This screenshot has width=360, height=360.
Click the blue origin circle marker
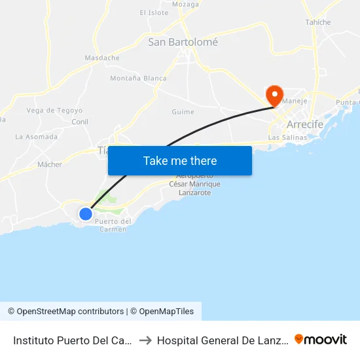(86, 213)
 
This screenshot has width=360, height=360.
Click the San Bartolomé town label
(183, 42)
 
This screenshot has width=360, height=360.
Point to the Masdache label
(102, 58)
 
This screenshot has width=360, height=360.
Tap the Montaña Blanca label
(138, 79)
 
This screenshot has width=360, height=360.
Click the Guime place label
(183, 112)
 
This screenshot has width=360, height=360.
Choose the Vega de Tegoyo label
(54, 111)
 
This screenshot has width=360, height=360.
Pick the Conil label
(80, 122)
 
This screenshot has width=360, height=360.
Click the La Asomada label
(37, 137)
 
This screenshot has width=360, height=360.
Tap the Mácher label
(50, 164)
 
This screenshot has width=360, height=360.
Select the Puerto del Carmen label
(113, 225)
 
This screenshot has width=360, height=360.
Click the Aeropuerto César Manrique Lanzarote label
(194, 185)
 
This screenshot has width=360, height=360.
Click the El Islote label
(154, 12)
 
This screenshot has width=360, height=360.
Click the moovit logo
(321, 339)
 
